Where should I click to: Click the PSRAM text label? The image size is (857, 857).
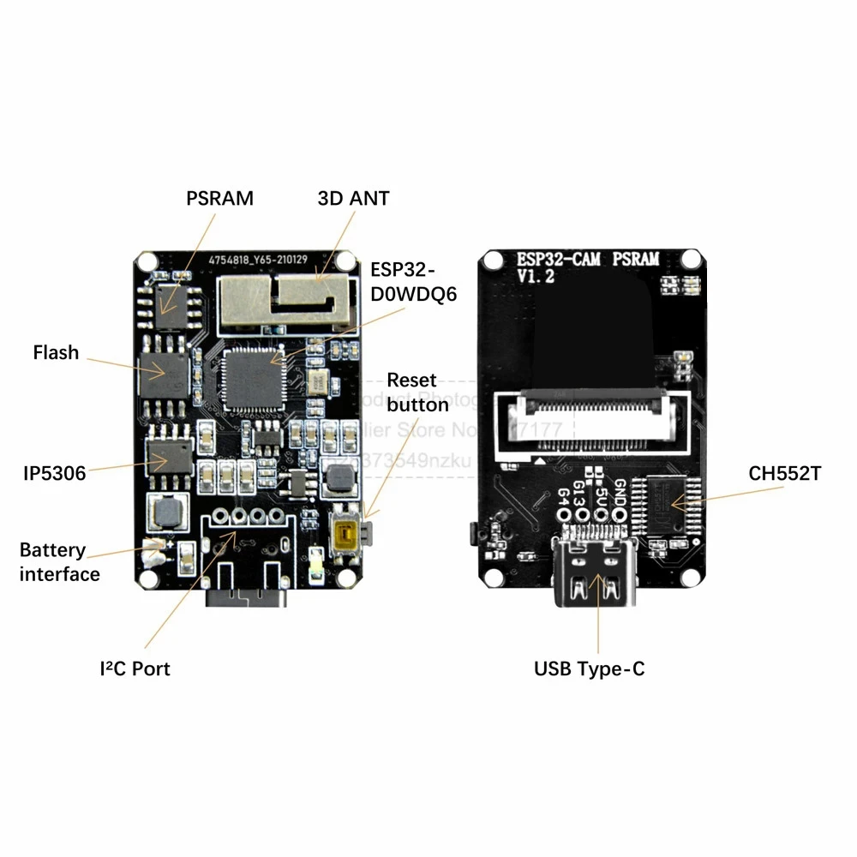[x=220, y=198]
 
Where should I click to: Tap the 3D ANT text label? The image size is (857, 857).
[x=353, y=198]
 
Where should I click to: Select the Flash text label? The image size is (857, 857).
[x=56, y=352]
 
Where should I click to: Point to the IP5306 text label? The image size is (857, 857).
[x=54, y=472]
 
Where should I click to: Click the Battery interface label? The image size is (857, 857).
[x=59, y=562]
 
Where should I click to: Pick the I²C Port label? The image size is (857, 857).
[x=135, y=668]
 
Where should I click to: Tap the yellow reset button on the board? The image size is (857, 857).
[x=347, y=534]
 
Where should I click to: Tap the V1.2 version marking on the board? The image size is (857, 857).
[x=536, y=276]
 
